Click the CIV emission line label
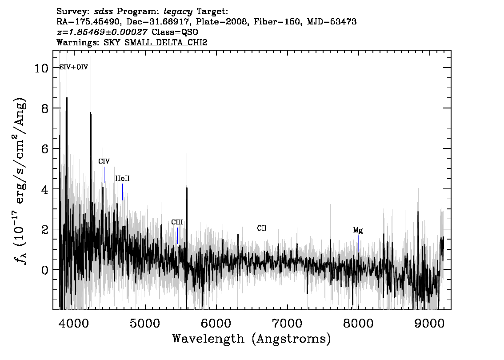104,161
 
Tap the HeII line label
123,178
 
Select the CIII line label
177,222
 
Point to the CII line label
262,228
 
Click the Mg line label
358,230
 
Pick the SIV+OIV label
74,67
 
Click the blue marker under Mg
358,243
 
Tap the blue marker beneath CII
262,241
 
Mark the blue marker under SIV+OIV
74,80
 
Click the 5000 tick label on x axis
145,323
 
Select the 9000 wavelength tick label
429,323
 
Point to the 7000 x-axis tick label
287,323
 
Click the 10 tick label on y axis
41,68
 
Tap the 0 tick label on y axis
45,270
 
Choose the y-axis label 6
45,149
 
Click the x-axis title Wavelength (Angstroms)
252,339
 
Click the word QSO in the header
190,32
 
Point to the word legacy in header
178,12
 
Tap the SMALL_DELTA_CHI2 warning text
166,42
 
